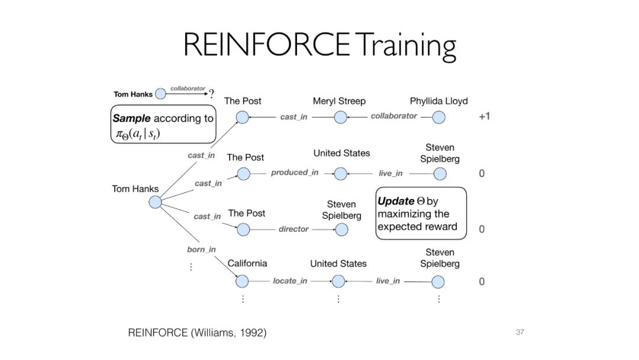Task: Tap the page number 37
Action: (x=520, y=332)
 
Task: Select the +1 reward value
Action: (x=484, y=117)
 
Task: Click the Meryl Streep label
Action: (x=339, y=101)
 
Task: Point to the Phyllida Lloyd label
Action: (x=438, y=101)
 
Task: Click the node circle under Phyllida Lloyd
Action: (x=438, y=117)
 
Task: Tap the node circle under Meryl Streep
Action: (x=340, y=117)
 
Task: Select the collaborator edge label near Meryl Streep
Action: (x=393, y=116)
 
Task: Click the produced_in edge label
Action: (x=295, y=172)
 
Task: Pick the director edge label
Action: (x=293, y=229)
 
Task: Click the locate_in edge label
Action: (x=290, y=281)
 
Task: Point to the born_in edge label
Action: (x=201, y=249)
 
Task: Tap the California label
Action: (x=247, y=263)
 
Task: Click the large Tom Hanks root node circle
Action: (x=154, y=202)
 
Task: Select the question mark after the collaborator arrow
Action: (x=211, y=92)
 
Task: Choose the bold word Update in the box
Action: (x=396, y=201)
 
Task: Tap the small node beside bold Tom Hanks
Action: (x=160, y=94)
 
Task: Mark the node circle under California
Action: (x=243, y=281)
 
